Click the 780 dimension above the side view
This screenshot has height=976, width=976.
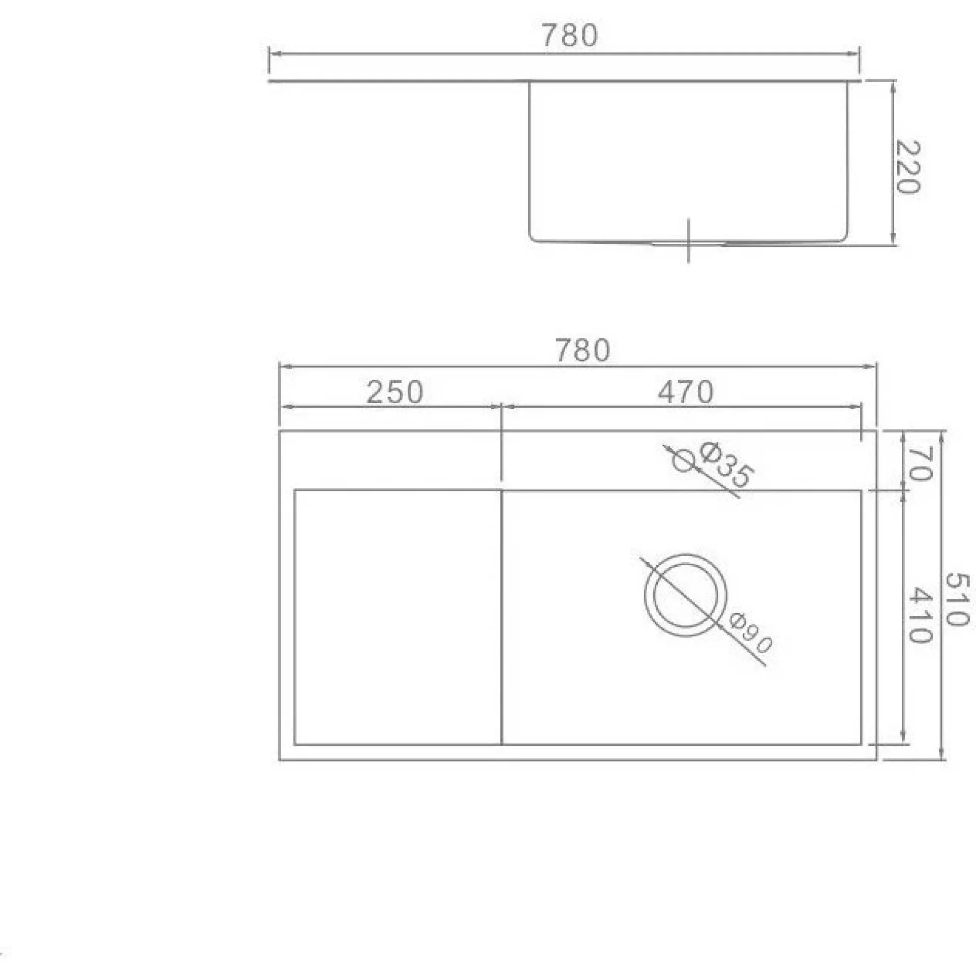pos(570,36)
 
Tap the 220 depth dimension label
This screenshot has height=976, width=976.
pos(908,167)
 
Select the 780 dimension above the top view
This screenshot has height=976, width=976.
pos(582,351)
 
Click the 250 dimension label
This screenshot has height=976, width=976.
pos(394,392)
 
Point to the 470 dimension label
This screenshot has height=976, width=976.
pos(686,392)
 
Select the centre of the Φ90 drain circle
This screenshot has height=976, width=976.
pos(686,595)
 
